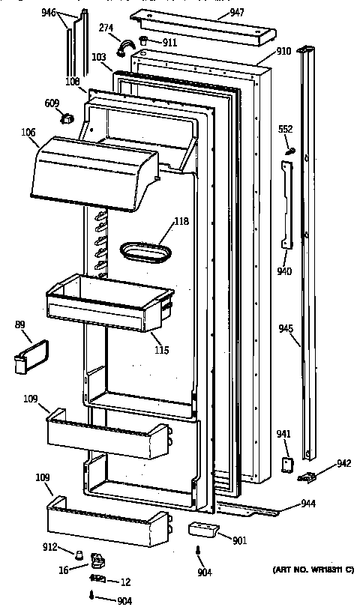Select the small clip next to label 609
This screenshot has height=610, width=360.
tap(66, 118)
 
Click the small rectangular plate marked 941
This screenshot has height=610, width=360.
tap(286, 465)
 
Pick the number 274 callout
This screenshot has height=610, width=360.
tap(106, 28)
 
